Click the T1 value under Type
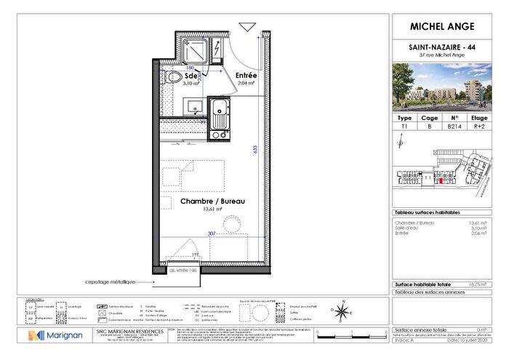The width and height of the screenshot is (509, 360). tap(406, 126)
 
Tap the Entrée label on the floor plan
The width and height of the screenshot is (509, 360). tap(246, 75)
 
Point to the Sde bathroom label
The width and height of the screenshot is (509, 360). tap(191, 76)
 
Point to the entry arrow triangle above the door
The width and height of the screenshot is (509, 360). tap(247, 28)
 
